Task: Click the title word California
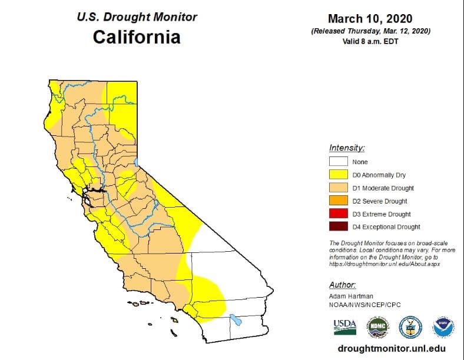coord(136,37)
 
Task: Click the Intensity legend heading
coord(347,148)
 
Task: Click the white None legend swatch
coord(338,162)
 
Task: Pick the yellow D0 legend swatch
coord(338,175)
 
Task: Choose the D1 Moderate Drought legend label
coord(383,188)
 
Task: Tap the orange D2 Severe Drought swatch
coord(338,201)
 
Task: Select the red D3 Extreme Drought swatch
coord(338,214)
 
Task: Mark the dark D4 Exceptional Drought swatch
coord(338,227)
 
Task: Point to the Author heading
coord(343,285)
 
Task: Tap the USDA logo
coord(345,326)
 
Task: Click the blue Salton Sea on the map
coord(235,321)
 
